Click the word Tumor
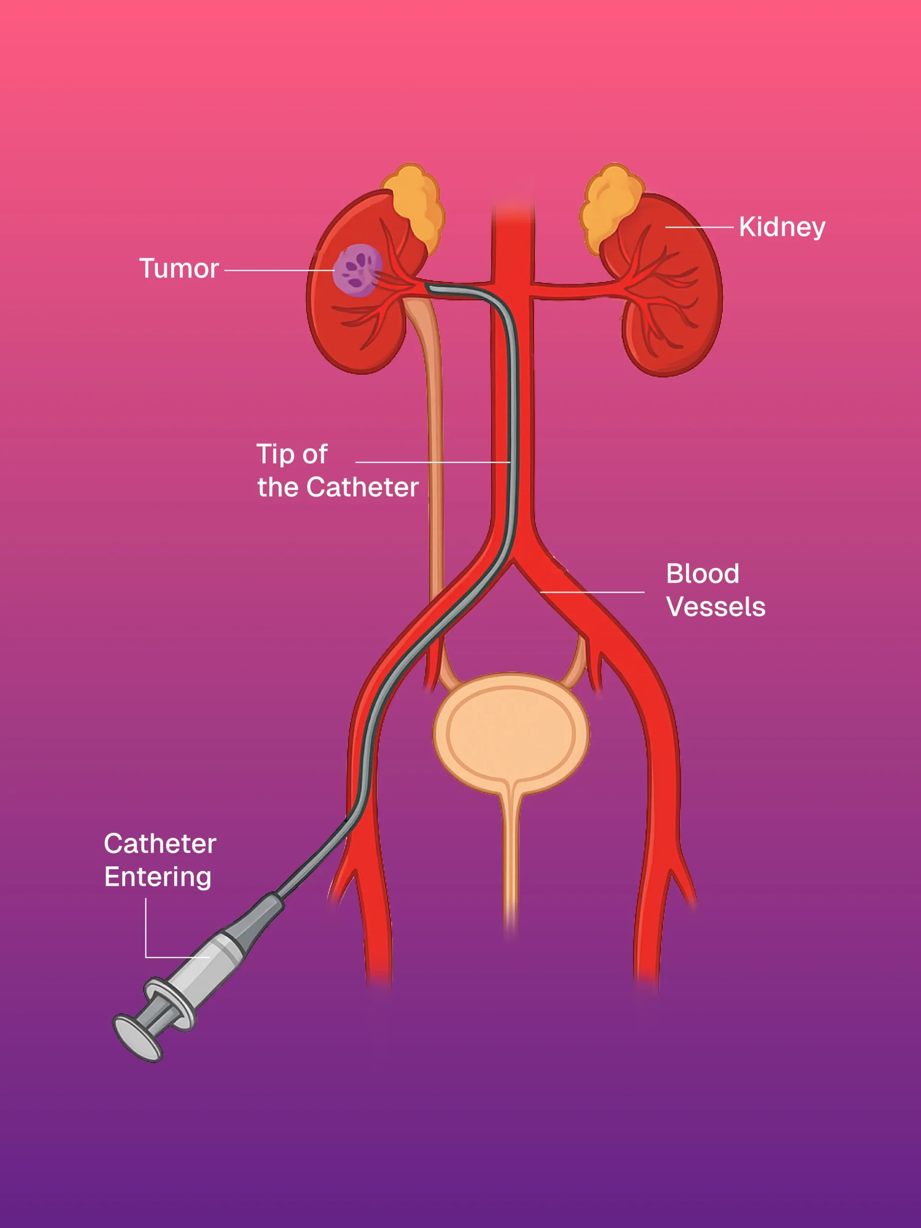point(179,269)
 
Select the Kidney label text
point(782,227)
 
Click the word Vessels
point(716,607)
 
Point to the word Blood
point(702,574)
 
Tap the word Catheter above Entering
point(160,843)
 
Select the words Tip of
point(292,454)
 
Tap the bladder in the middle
point(511,733)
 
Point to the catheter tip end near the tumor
point(428,287)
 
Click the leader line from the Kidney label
point(699,227)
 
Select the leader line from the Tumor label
point(278,271)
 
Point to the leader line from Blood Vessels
point(592,592)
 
